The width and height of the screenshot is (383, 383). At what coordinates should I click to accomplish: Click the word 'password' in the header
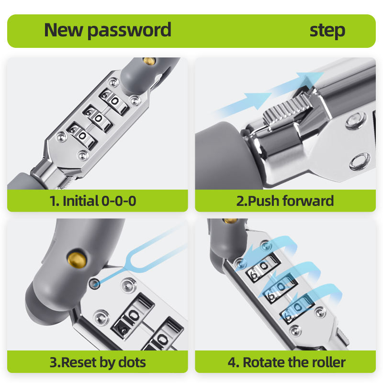click(129, 31)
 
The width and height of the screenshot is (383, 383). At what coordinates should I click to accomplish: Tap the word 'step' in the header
click(327, 31)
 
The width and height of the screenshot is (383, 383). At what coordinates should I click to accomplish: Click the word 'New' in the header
click(64, 30)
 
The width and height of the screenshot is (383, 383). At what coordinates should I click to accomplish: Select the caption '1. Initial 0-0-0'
click(93, 201)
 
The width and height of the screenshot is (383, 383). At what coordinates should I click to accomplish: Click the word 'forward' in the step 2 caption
click(308, 201)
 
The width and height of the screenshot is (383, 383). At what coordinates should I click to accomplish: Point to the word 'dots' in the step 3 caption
click(132, 362)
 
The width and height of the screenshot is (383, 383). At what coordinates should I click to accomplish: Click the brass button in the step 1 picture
click(149, 61)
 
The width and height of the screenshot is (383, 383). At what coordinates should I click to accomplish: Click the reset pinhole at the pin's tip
click(94, 283)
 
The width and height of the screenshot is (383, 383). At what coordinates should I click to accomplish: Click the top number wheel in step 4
click(262, 267)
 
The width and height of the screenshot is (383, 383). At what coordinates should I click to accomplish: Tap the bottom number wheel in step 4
click(297, 308)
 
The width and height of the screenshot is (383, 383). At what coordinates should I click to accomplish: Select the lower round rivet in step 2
click(360, 161)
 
